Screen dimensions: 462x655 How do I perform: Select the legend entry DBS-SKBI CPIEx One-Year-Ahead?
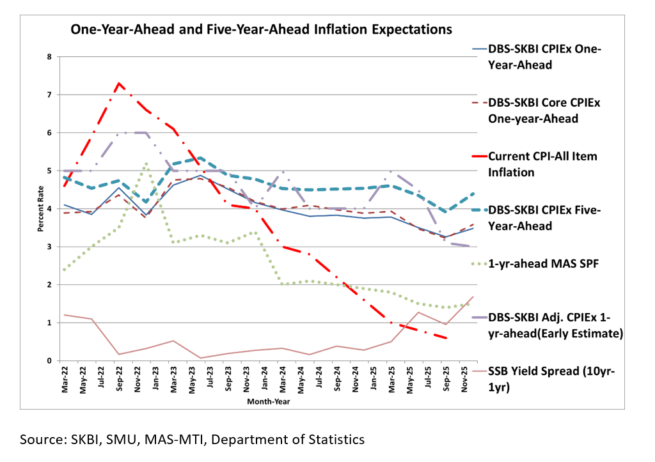tap(546, 57)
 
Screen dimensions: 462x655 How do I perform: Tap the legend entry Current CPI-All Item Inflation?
tap(544, 164)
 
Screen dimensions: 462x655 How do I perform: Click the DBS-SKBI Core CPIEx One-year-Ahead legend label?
tap(546, 111)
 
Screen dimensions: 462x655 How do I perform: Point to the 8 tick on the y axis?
tap(49, 57)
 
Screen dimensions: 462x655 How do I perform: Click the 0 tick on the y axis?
tap(49, 361)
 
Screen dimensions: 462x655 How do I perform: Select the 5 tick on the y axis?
tap(49, 171)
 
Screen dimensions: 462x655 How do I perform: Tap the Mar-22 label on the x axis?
tap(65, 380)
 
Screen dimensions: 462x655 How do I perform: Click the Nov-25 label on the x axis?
tap(468, 380)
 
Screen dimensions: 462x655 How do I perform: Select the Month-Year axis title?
tap(268, 402)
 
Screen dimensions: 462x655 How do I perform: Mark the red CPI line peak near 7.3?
tap(119, 83)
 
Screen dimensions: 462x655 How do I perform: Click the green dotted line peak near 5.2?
tap(146, 164)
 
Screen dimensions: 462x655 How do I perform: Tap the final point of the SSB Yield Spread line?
tap(473, 296)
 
